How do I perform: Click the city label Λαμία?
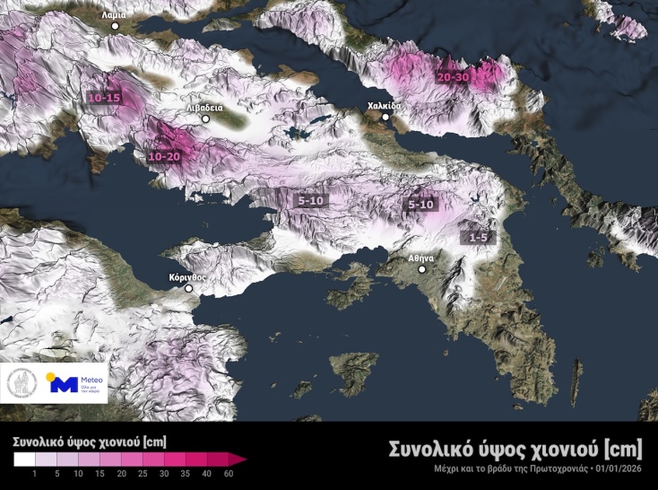(115, 14)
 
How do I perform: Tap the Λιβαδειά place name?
(204, 107)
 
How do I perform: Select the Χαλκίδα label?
(385, 106)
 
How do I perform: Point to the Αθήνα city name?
(421, 258)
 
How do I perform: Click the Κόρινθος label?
(187, 277)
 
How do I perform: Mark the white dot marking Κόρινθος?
(189, 288)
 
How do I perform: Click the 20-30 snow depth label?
(454, 77)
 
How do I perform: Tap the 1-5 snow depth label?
(478, 237)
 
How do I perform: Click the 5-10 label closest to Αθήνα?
(421, 205)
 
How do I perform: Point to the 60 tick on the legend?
(230, 473)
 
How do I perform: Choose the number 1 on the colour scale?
(34, 473)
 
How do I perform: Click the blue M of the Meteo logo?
(62, 385)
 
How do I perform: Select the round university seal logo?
(22, 383)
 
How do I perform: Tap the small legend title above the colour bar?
(89, 442)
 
